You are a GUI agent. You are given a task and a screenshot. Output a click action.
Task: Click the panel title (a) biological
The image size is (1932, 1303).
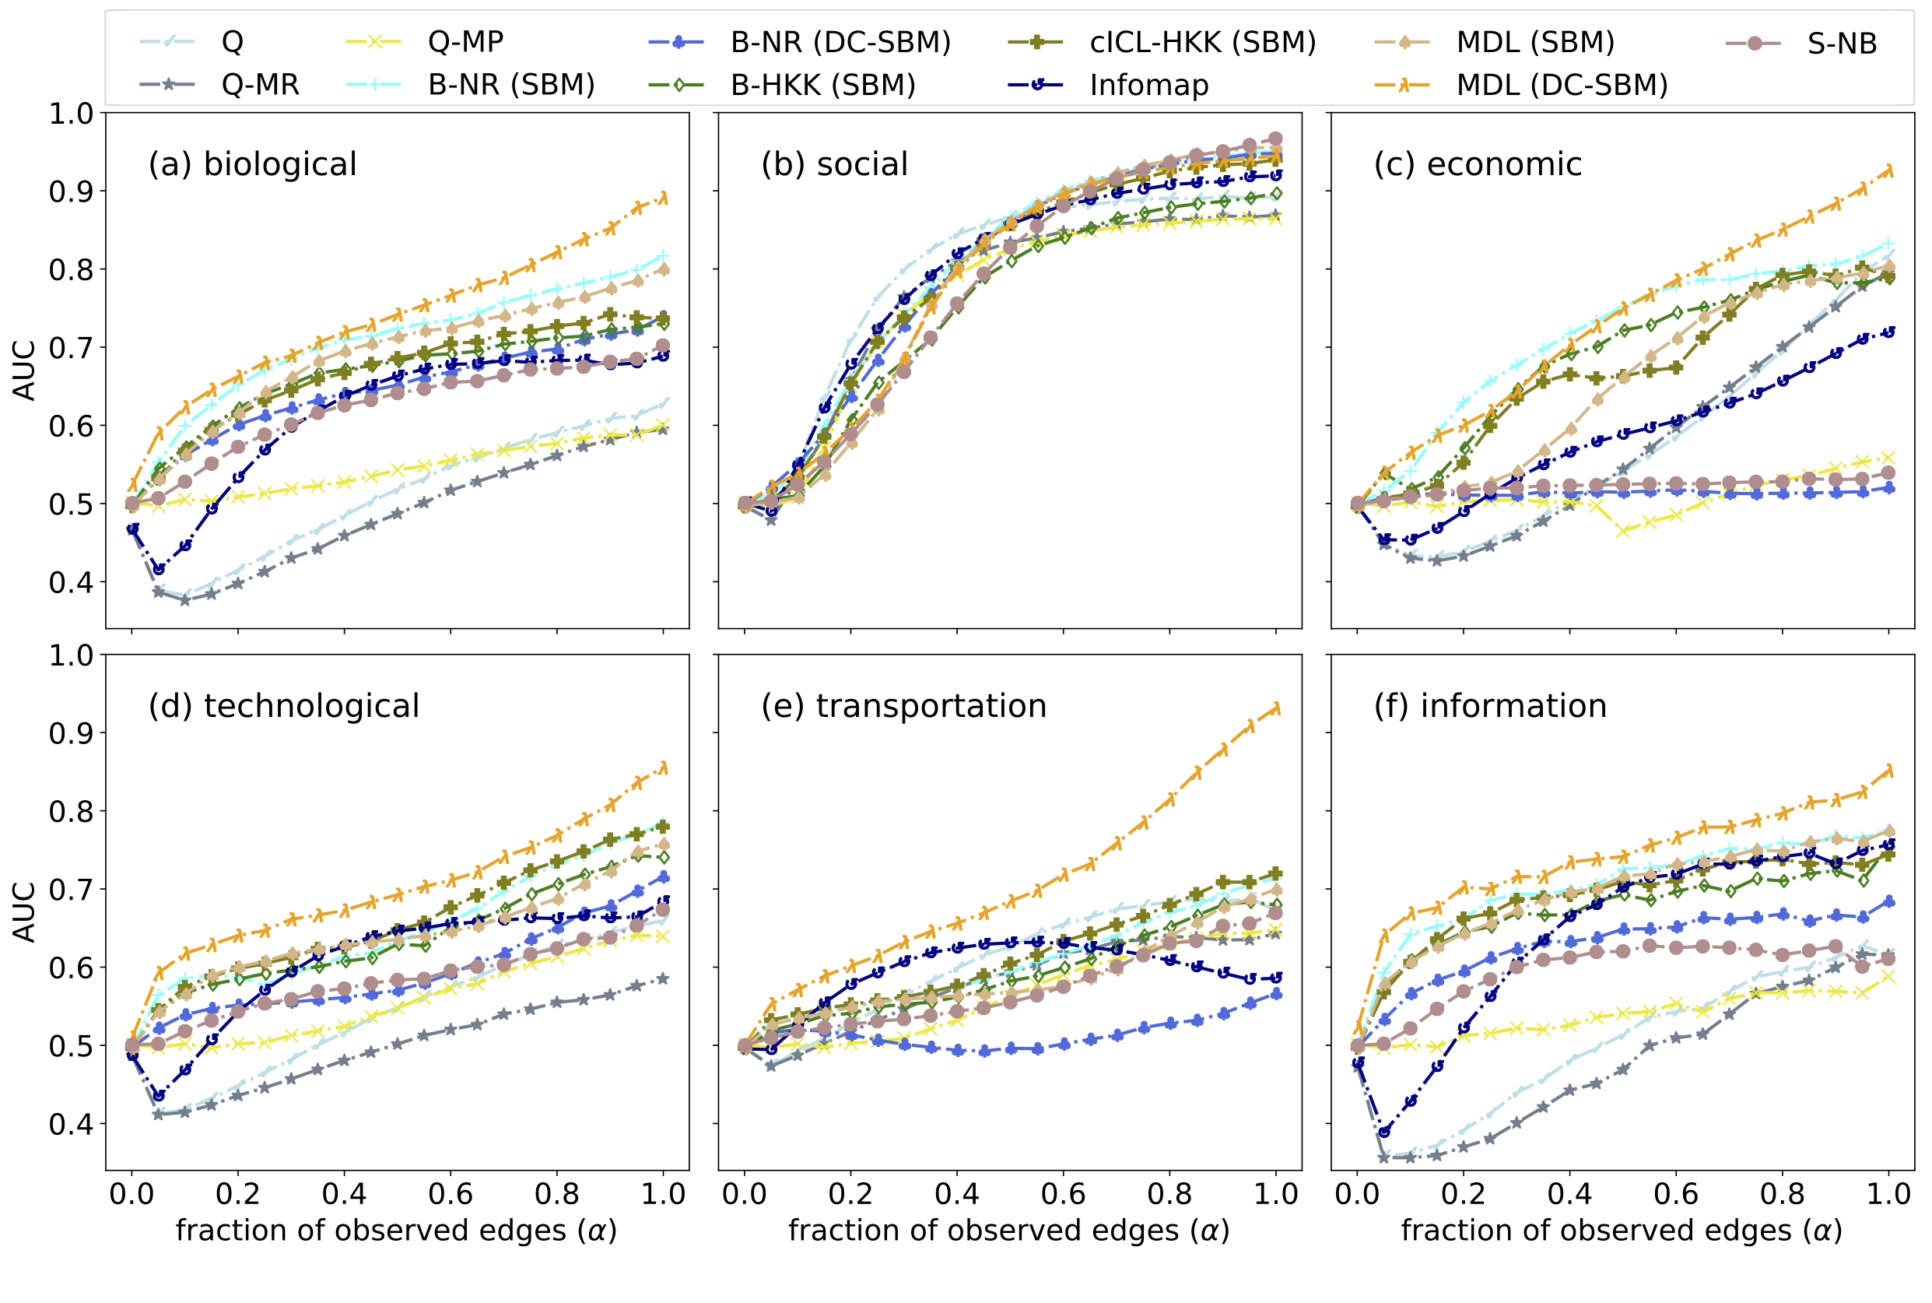pyautogui.click(x=253, y=164)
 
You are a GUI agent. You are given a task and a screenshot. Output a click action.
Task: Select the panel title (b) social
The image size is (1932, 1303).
pyautogui.click(x=834, y=164)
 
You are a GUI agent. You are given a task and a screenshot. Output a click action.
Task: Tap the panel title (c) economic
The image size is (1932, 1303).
pyautogui.click(x=1478, y=164)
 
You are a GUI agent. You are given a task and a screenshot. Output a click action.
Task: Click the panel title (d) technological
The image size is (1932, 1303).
pyautogui.click(x=283, y=706)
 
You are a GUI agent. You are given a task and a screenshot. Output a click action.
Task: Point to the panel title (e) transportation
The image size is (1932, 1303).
pyautogui.click(x=903, y=706)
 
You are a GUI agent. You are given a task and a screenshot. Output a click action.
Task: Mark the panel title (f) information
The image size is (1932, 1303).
pyautogui.click(x=1490, y=706)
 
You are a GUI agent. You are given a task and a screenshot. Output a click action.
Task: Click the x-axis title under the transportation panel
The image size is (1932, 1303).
pyautogui.click(x=1008, y=1231)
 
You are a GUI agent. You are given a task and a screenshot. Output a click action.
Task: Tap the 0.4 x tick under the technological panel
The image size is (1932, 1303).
pyautogui.click(x=344, y=1194)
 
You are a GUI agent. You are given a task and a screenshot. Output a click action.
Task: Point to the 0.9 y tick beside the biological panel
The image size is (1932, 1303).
pyautogui.click(x=71, y=192)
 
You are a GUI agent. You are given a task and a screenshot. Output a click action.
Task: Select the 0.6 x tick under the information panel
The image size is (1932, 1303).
pyautogui.click(x=1675, y=1194)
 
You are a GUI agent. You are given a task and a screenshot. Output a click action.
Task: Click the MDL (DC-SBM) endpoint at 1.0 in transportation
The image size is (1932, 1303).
pyautogui.click(x=1276, y=708)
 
